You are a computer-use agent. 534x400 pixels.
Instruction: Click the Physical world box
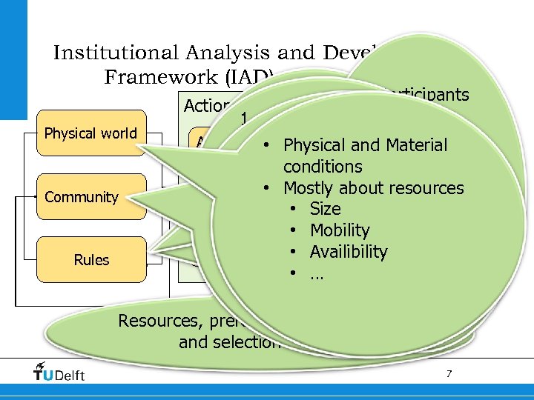pos(91,133)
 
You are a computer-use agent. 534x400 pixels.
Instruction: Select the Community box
pos(82,197)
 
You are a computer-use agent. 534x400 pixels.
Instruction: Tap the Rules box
pos(91,260)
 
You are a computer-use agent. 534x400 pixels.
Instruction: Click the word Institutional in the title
pos(116,53)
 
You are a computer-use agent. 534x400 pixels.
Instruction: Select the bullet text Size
pos(325,209)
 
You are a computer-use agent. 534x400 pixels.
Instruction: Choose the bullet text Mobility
pos(339,230)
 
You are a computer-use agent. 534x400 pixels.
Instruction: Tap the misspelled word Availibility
pos(349,252)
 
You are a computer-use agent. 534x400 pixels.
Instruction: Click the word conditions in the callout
pos(323,167)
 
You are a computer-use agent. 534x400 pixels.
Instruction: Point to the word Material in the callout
pos(412,145)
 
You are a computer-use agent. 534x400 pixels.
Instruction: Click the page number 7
pos(449,374)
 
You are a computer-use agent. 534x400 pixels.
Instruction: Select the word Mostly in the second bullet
pos(311,188)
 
